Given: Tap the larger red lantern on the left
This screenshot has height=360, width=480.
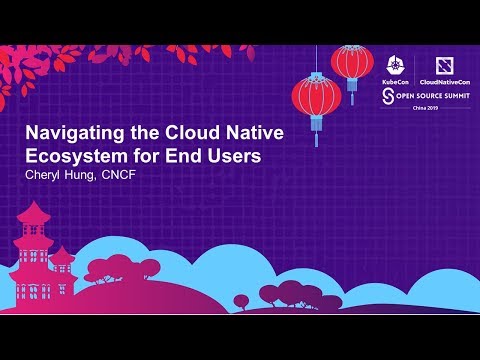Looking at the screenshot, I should click(x=317, y=98).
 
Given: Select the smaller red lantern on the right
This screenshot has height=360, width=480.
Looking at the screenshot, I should click(x=352, y=62).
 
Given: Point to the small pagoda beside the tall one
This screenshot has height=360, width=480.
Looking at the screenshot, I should click(x=66, y=265).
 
